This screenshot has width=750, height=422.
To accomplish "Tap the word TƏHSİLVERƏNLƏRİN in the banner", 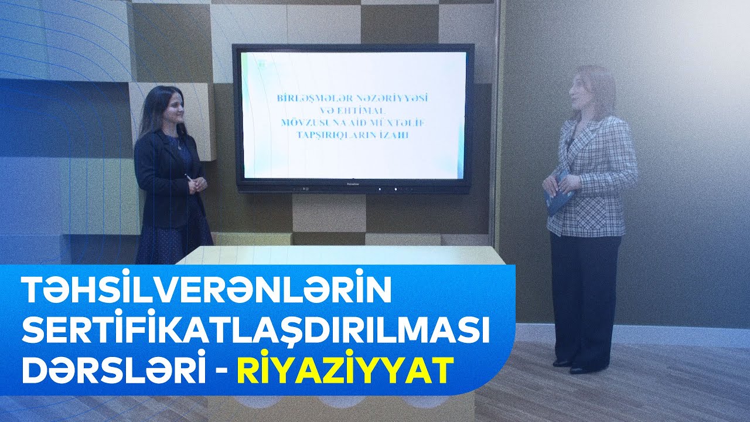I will coord(206,291).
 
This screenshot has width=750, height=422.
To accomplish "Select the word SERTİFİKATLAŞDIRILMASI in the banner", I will coord(255,331).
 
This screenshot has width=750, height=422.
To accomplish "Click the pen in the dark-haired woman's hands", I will coord(189,177).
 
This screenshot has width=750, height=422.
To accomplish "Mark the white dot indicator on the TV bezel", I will coord(395,189).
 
